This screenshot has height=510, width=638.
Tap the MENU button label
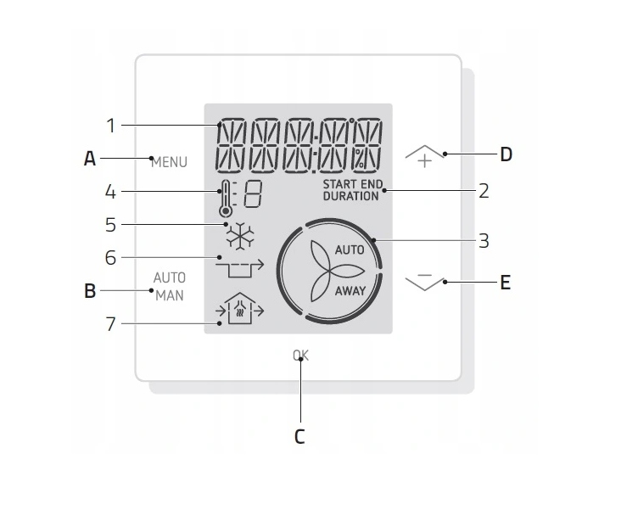pyautogui.click(x=169, y=162)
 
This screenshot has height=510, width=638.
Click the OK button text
pyautogui.click(x=300, y=356)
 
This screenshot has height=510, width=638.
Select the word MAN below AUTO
pyautogui.click(x=170, y=295)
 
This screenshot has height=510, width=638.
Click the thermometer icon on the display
pyautogui.click(x=225, y=198)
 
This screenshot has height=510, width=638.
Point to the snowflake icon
pyautogui.click(x=240, y=236)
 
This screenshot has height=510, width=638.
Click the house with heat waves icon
pyautogui.click(x=239, y=308)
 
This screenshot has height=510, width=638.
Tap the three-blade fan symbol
pyautogui.click(x=334, y=271)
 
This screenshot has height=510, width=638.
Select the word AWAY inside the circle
pyautogui.click(x=350, y=291)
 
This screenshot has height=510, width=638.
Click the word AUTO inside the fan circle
pyautogui.click(x=350, y=249)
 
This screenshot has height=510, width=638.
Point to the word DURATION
pyautogui.click(x=350, y=196)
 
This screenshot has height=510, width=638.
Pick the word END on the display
pyautogui.click(x=372, y=184)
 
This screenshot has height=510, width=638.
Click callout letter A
pyautogui.click(x=90, y=159)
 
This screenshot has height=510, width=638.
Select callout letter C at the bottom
pyautogui.click(x=299, y=437)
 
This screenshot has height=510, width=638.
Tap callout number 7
pyautogui.click(x=110, y=324)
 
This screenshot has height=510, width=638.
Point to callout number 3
pyautogui.click(x=484, y=240)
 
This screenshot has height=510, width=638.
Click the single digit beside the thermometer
pyautogui.click(x=253, y=194)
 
